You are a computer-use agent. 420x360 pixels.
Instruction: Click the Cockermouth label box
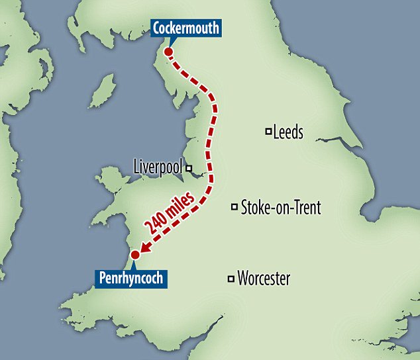pyautogui.click(x=185, y=28)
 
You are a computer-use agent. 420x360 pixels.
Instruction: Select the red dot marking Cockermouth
pyautogui.click(x=168, y=52)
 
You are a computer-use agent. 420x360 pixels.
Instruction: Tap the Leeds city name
pyautogui.click(x=288, y=132)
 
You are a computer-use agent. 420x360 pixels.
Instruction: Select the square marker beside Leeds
pyautogui.click(x=268, y=131)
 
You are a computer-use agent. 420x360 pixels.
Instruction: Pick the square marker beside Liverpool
pyautogui.click(x=189, y=168)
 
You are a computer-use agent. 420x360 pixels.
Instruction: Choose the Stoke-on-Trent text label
pyautogui.click(x=281, y=208)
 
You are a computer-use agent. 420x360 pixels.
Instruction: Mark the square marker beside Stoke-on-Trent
pyautogui.click(x=234, y=207)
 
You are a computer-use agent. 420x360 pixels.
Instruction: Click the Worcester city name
pyautogui.click(x=264, y=279)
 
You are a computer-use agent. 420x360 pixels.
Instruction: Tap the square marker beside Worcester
pyautogui.click(x=231, y=278)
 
